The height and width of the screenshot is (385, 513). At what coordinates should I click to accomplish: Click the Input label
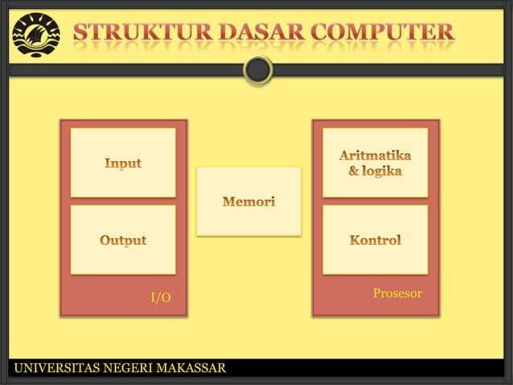coord(123,164)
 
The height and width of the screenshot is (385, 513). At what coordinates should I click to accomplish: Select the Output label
coord(123,240)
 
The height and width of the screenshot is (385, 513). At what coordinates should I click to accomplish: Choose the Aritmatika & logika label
coord(376,162)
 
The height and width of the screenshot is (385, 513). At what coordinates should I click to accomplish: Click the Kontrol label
coord(376,240)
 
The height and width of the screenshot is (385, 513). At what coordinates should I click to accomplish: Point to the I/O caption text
coord(161,298)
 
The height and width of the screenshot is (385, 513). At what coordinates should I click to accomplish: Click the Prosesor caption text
coord(397,293)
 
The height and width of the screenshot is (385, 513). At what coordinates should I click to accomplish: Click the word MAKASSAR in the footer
coord(191,369)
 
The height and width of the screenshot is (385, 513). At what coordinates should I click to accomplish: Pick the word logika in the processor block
coord(381,171)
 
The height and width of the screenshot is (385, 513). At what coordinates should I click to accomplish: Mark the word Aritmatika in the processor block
coord(376,154)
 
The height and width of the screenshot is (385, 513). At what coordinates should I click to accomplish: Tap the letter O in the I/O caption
coord(165,298)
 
